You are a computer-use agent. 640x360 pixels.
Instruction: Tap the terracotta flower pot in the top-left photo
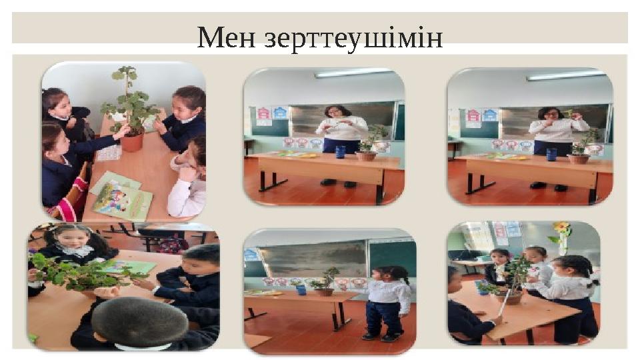pyautogui.click(x=132, y=141)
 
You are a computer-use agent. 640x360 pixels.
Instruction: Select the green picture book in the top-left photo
pyautogui.click(x=123, y=201)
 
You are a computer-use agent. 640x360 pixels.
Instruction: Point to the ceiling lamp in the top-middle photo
pyautogui.click(x=353, y=73)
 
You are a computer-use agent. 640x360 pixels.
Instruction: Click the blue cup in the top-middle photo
pyautogui.click(x=340, y=152)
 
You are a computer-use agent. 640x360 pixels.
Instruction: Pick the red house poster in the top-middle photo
pyautogui.click(x=263, y=114)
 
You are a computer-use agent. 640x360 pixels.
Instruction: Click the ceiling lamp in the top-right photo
pyautogui.click(x=567, y=75)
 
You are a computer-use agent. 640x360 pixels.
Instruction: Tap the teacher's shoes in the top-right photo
pyautogui.click(x=549, y=186)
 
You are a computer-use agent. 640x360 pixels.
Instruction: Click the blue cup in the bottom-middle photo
pyautogui.click(x=301, y=289)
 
